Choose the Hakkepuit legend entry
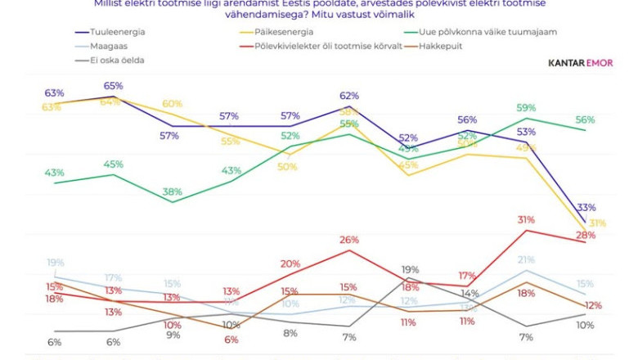point(442,47)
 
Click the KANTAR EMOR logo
point(582,62)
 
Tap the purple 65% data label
point(113,86)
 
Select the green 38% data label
point(172,192)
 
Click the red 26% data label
point(349,240)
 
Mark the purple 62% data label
point(349,96)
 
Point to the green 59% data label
point(526,107)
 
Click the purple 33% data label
point(586,207)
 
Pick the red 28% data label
point(586,235)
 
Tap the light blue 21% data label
point(526,260)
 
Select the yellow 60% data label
point(172,104)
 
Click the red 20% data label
point(290,263)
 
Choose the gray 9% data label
point(172,335)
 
